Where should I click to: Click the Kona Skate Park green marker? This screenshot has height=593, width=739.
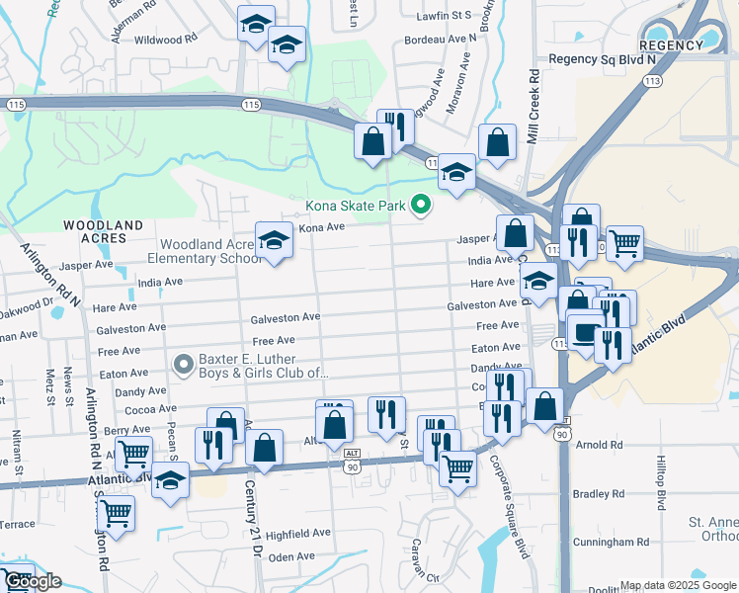coord(421,206)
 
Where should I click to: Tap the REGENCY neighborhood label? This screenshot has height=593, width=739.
coord(670,45)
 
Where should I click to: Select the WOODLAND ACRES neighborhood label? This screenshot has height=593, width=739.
coord(96,231)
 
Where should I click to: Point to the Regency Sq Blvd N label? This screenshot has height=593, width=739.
coord(602,60)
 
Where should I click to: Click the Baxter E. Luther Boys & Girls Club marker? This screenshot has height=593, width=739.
coord(183,365)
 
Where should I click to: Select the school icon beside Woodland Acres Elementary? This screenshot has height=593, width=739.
coord(274,240)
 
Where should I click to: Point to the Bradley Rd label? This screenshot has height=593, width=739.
coord(605,493)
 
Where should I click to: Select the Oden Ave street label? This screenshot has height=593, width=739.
coord(291,557)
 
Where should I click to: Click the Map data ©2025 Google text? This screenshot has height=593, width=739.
coord(678,585)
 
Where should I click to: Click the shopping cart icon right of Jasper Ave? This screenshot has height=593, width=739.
coord(623,242)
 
